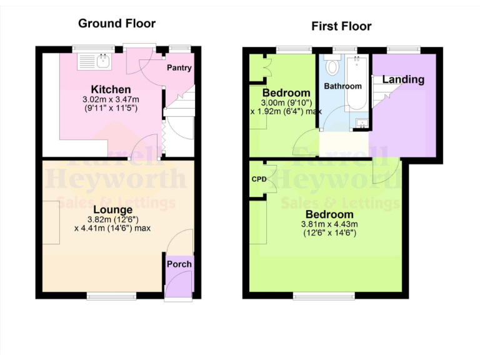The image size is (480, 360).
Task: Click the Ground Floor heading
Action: pyautogui.click(x=117, y=24)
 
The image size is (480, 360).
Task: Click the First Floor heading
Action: pyautogui.click(x=341, y=26)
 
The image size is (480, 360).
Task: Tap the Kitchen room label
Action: pyautogui.click(x=111, y=89)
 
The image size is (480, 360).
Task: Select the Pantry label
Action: pyautogui.click(x=179, y=68)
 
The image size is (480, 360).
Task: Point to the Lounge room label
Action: pyautogui.click(x=112, y=209)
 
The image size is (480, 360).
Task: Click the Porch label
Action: pyautogui.click(x=179, y=264)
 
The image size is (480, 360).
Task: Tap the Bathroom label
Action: pyautogui.click(x=343, y=86)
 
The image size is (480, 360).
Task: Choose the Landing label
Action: pyautogui.click(x=403, y=79)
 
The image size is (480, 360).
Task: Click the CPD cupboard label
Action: pyautogui.click(x=259, y=179)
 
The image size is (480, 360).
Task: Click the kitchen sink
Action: pyautogui.click(x=92, y=61)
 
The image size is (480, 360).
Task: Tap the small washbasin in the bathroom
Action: pyautogui.click(x=361, y=123)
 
